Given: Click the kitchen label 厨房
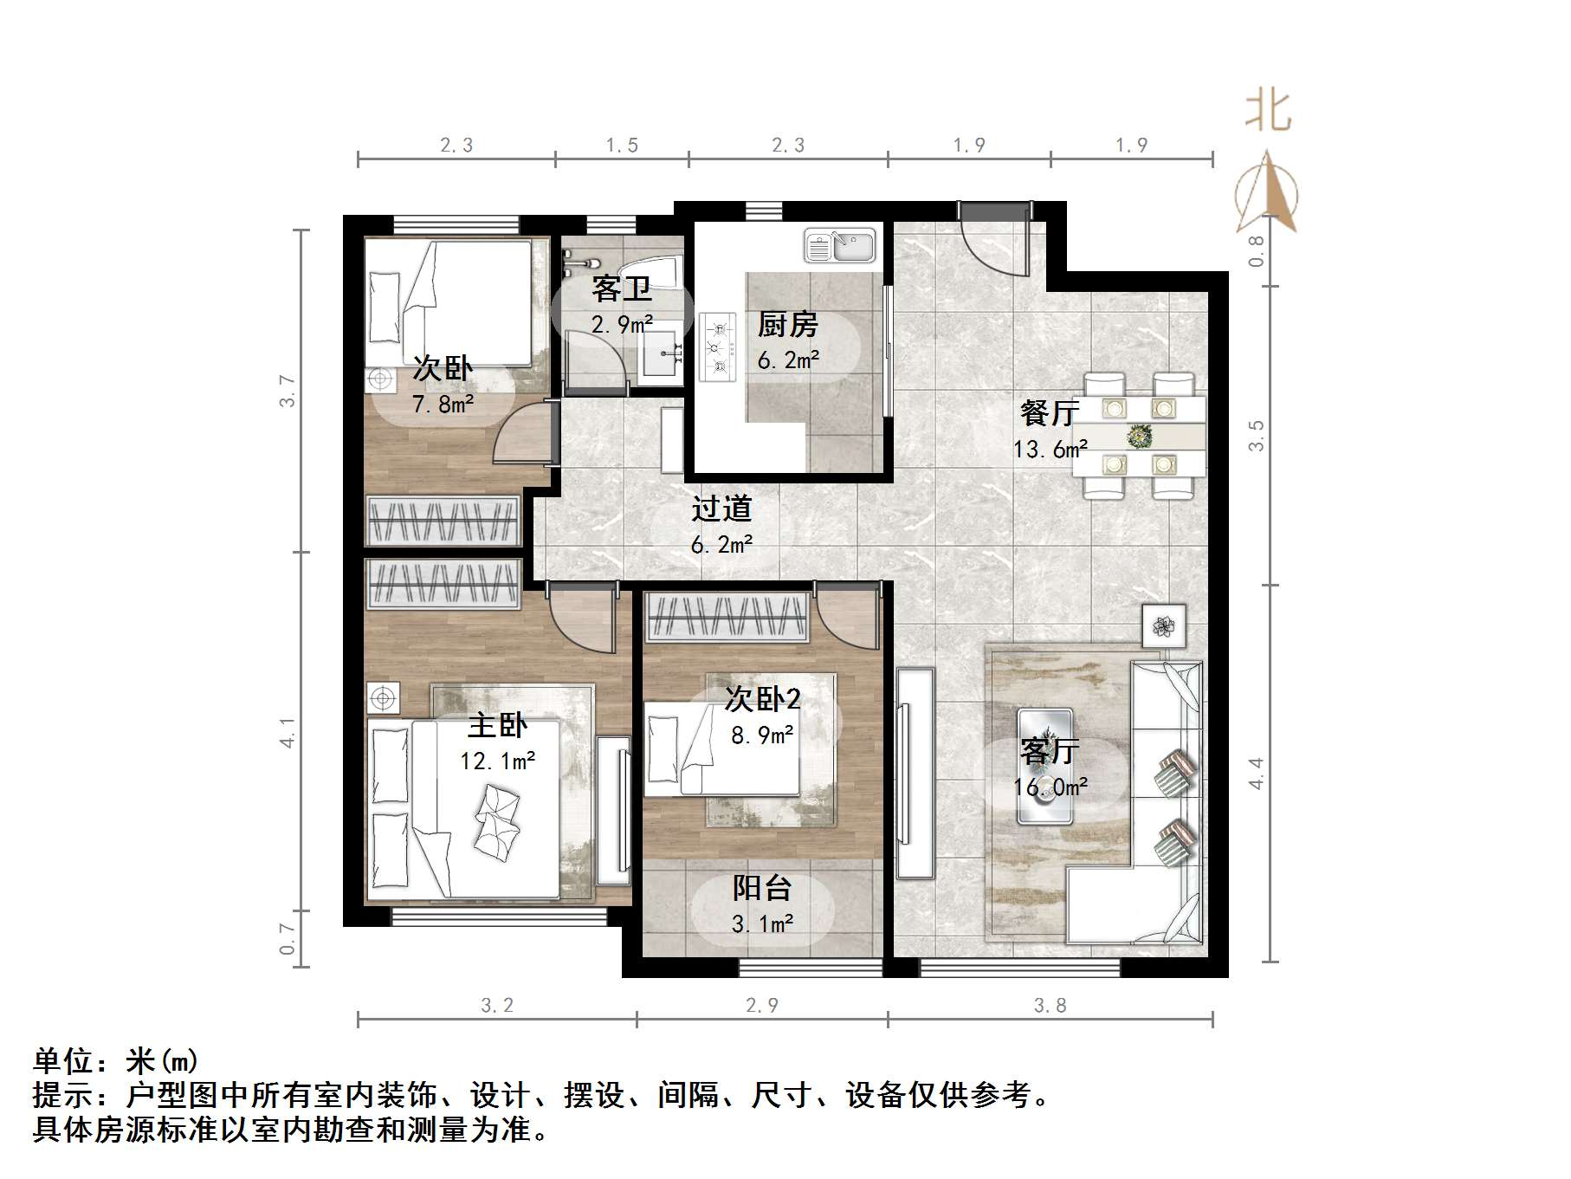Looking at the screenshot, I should point(787,325).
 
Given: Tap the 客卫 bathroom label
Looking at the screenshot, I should point(621,288).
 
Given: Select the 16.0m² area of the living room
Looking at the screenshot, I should point(1051,787).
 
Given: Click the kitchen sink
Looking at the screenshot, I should point(840,246).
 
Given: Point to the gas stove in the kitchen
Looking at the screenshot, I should point(718,347).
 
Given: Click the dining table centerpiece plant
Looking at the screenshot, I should point(1139,436).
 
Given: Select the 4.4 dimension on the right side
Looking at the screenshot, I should point(1256,773).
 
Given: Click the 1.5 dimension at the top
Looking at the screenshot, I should point(622,145).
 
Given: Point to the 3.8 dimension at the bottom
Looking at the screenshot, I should point(1050,1006).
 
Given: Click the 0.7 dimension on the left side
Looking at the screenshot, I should point(288,938).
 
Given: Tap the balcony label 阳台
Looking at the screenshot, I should point(762,888).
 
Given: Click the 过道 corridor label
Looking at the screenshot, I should point(721,509).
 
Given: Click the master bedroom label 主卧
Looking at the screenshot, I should point(497,725).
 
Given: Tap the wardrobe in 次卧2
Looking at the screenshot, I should point(727,617).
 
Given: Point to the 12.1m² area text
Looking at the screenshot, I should point(497,761).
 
